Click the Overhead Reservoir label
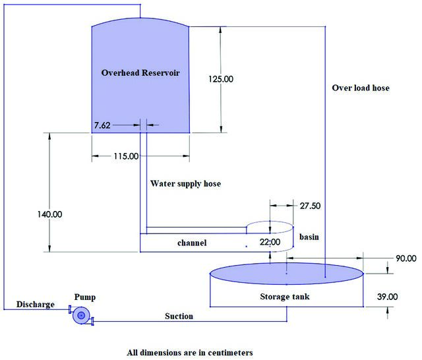[x=140, y=73]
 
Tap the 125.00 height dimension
[x=221, y=79]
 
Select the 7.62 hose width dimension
[x=102, y=125]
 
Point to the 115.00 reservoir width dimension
[x=126, y=156]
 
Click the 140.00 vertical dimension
[x=50, y=214]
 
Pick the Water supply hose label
[x=185, y=184]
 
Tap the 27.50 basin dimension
[x=311, y=206]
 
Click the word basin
[x=309, y=237]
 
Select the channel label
[x=192, y=243]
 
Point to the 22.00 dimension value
[x=270, y=242]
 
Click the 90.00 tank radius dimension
[x=406, y=258]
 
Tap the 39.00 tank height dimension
[x=387, y=297]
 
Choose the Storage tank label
[x=285, y=297]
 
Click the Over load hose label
[x=361, y=88]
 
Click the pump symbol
[x=81, y=315]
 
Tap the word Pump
[x=85, y=297]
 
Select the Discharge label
[x=35, y=305]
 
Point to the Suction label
[x=179, y=316]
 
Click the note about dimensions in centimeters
[x=190, y=353]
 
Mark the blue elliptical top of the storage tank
[x=287, y=274]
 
